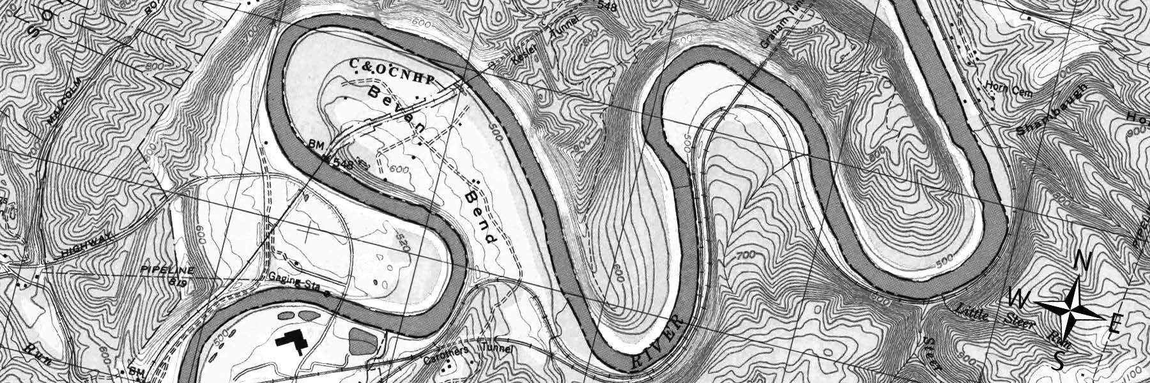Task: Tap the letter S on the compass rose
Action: (x=1059, y=361)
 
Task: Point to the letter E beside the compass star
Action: (x=1114, y=326)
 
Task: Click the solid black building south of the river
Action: (x=291, y=343)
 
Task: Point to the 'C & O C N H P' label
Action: (x=392, y=71)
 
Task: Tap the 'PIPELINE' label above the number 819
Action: (x=166, y=271)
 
